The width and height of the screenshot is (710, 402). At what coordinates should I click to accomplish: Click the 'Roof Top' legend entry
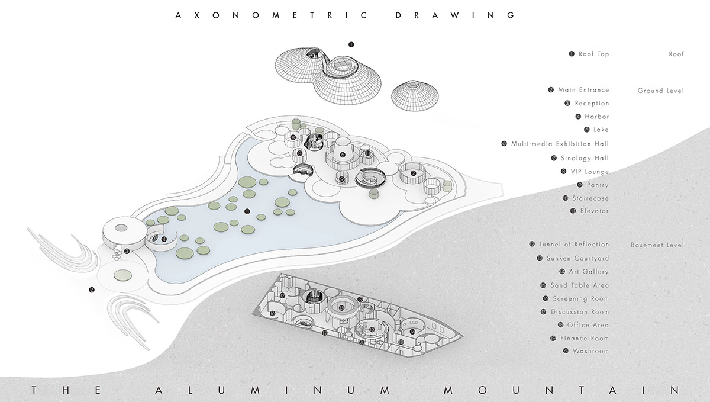coord(593,54)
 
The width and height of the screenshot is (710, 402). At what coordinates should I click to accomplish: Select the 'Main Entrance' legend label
coord(583,90)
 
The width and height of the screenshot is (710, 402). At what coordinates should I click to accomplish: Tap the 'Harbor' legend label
coord(596,117)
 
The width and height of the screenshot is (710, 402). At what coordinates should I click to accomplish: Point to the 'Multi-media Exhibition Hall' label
coord(560,144)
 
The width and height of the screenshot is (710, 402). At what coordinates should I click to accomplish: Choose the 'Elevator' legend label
coord(595,211)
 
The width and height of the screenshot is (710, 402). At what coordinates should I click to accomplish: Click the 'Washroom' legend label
coord(590,351)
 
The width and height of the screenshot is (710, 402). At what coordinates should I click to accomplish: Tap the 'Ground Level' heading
coord(660,91)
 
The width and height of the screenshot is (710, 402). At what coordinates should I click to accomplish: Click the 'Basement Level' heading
coord(657,245)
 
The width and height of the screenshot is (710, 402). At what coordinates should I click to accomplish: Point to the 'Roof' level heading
coord(676,54)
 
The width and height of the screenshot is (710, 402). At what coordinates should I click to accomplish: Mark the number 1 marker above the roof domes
coord(351,44)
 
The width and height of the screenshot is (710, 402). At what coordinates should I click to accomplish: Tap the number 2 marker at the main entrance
coord(91,290)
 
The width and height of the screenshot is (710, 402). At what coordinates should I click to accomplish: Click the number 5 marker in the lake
coord(247,211)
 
